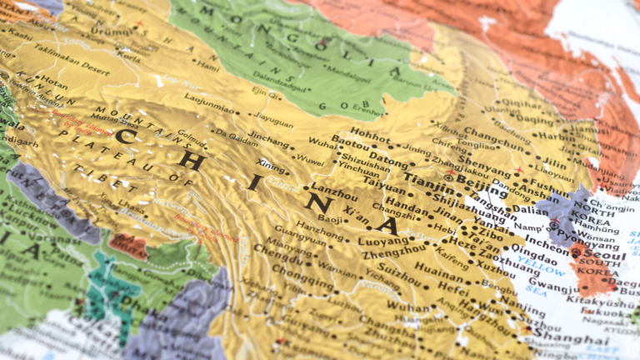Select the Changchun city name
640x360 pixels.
coord(495,133)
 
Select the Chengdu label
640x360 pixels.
coord(278,248)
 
